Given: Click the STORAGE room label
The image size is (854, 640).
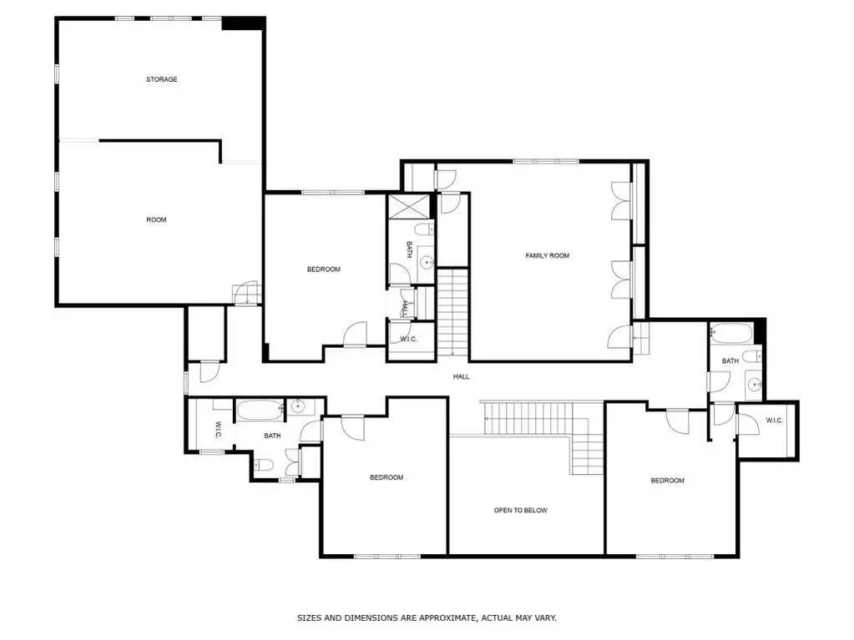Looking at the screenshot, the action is pyautogui.click(x=162, y=79).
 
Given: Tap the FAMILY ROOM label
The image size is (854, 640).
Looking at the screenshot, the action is pyautogui.click(x=548, y=256).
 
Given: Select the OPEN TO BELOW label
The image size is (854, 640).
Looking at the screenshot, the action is pyautogui.click(x=521, y=511).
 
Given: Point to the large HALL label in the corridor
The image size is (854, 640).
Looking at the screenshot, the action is pyautogui.click(x=462, y=376).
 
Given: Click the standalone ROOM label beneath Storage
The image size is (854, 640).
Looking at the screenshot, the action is pyautogui.click(x=156, y=219).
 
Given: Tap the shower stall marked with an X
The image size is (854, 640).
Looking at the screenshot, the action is pyautogui.click(x=408, y=207).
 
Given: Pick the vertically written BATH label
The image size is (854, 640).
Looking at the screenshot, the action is pyautogui.click(x=409, y=249).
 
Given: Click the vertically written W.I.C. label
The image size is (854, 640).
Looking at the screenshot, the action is pyautogui.click(x=217, y=430).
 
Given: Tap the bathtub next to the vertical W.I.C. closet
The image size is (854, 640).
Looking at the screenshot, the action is pyautogui.click(x=260, y=410).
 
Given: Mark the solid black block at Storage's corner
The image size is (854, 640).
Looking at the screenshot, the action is pyautogui.click(x=243, y=23).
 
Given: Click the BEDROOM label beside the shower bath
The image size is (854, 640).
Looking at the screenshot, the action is pyautogui.click(x=324, y=270).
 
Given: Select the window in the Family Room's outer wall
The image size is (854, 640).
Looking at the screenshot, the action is pyautogui.click(x=546, y=161).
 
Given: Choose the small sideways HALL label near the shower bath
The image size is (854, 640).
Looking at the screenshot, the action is pyautogui.click(x=405, y=309).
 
